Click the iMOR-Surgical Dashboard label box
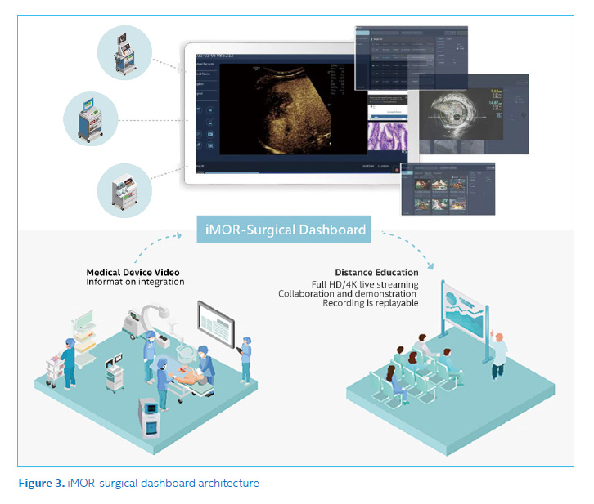283,230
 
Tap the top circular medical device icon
123,52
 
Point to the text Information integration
136,283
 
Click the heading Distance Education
376,272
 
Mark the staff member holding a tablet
245,356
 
